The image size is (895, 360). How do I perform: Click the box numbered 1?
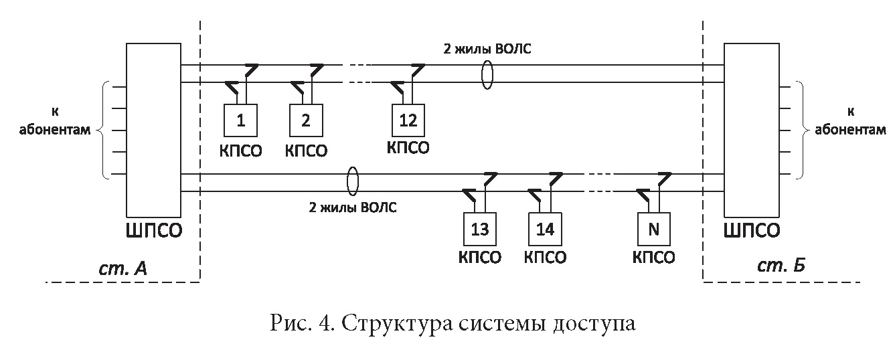click(x=240, y=121)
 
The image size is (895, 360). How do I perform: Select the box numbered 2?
click(x=306, y=121)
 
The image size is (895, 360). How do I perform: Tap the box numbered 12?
click(x=408, y=121)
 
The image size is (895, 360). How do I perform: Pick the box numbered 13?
click(x=480, y=229)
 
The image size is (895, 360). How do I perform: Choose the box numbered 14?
click(x=545, y=229)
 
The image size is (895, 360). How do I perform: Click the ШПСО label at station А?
click(x=154, y=232)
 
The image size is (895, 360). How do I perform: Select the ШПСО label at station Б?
click(x=752, y=232)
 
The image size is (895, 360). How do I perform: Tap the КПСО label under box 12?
click(x=408, y=147)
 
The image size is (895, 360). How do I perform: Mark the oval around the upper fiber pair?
click(x=488, y=74)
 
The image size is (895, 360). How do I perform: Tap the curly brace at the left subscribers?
click(x=100, y=130)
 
